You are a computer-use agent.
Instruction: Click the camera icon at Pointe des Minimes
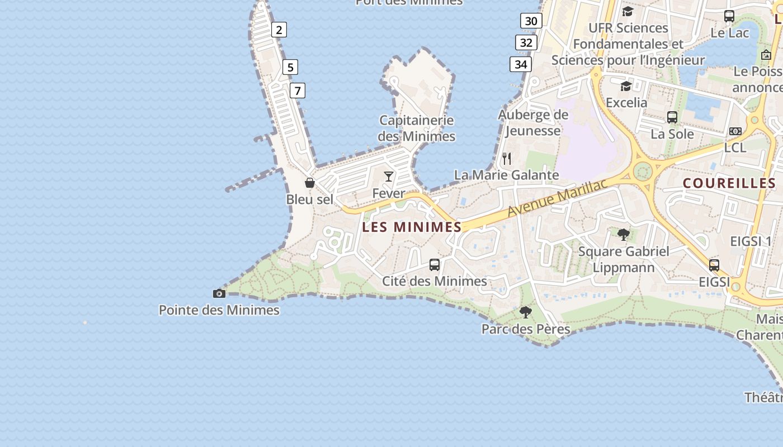[219, 293]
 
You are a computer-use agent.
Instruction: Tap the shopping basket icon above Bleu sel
[309, 183]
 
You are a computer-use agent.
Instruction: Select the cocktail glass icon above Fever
[389, 177]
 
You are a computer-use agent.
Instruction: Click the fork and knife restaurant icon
[507, 158]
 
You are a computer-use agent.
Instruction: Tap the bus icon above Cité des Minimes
[435, 264]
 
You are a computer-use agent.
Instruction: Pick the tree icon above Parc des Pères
[525, 312]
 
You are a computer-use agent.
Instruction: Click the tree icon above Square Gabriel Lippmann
[624, 234]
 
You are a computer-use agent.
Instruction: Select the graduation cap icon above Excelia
[626, 86]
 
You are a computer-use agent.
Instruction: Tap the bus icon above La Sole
[672, 117]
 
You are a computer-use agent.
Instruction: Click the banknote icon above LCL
[735, 131]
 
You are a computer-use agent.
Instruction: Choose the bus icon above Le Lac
[729, 16]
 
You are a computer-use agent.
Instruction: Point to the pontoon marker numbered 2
[279, 30]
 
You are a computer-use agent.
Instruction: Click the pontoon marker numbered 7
[298, 90]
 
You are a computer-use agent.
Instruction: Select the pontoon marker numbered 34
[521, 64]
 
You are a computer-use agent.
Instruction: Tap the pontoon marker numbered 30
[531, 21]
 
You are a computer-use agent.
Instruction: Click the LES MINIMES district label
[412, 227]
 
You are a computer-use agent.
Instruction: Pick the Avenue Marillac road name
[558, 198]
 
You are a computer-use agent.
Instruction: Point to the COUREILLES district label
[729, 183]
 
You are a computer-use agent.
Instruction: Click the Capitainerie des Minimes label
[417, 128]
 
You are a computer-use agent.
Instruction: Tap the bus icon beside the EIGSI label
[714, 265]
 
